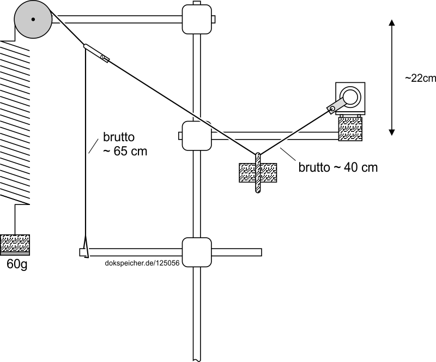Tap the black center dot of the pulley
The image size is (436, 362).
pos(33,20)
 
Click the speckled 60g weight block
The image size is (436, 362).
pos(15,243)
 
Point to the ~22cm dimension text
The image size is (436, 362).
pos(420,78)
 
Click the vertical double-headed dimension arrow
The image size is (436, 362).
pos(392,77)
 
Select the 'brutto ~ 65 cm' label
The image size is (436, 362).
pos(125,144)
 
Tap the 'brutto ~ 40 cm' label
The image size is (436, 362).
pos(338,167)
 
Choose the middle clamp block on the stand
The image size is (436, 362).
pos(196,136)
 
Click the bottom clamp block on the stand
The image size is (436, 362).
pos(196,252)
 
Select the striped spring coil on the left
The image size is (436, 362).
pos(14,123)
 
